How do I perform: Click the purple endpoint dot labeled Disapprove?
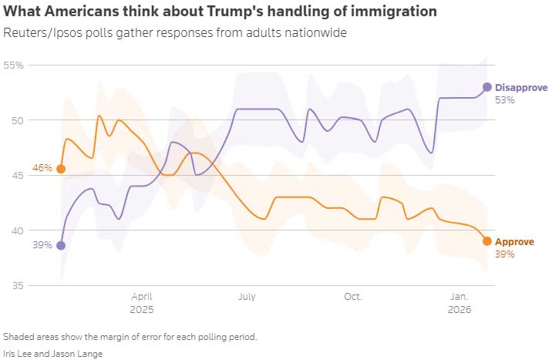487,87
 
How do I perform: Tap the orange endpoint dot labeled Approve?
487,241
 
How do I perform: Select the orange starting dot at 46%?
61,169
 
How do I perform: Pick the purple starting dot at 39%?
61,245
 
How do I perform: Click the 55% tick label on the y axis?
13,66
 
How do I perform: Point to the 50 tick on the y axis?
17,120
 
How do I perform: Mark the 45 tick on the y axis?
17,176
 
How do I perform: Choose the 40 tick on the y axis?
17,230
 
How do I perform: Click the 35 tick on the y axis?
17,286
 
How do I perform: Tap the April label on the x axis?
142,296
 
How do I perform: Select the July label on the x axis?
247,296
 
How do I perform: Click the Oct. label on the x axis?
352,296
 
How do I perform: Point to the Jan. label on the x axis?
459,296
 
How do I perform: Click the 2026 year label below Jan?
459,308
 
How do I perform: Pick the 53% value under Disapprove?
505,100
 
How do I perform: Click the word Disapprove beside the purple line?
520,87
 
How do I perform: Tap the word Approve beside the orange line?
514,241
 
